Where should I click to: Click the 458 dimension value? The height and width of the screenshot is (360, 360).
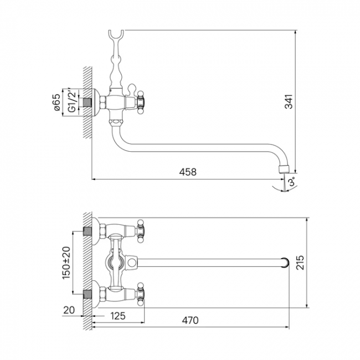click(188, 172)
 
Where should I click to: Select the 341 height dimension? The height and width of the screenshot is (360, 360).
click(289, 101)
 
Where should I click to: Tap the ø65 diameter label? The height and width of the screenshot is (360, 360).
click(57, 102)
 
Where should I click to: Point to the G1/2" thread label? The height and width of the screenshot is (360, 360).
click(72, 101)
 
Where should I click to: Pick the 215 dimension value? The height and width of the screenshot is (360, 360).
click(300, 262)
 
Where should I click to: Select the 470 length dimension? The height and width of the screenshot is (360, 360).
click(190, 320)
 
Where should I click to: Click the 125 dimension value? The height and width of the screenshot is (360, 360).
click(118, 316)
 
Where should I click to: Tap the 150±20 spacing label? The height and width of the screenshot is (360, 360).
click(66, 263)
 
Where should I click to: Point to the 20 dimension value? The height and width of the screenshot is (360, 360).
click(69, 310)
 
